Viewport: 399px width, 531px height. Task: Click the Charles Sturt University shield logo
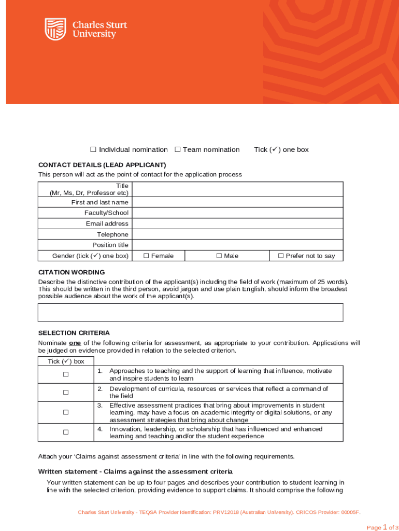tap(55, 29)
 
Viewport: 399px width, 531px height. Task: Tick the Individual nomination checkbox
tap(93, 149)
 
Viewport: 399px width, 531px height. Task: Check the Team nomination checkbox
tap(177, 149)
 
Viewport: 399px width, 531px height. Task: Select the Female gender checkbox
tap(146, 256)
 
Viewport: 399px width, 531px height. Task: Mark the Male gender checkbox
tap(219, 256)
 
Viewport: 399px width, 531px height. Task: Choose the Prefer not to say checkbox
tap(281, 256)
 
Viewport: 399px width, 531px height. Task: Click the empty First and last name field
tap(237, 202)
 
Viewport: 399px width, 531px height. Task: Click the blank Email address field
tap(237, 223)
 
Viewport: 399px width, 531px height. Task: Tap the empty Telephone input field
tap(237, 234)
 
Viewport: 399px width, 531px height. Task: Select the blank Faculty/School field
tap(237, 213)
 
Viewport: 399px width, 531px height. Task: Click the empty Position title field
tap(237, 245)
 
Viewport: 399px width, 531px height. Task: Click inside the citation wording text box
tap(190, 313)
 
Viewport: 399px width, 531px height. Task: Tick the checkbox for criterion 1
tap(66, 374)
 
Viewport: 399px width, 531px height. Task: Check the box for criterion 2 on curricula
tap(66, 393)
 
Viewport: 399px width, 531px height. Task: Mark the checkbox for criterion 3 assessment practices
tap(66, 412)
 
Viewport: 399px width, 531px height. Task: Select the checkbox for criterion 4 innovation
tap(66, 432)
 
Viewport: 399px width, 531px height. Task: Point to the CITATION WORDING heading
tap(72, 272)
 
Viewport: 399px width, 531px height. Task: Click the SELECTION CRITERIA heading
tap(74, 333)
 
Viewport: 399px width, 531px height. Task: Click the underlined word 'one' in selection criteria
tap(74, 343)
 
